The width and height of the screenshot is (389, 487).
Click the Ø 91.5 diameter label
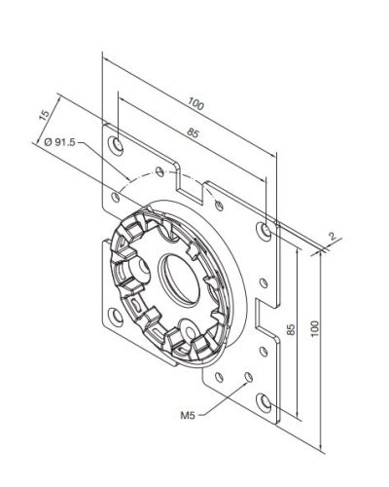click(x=59, y=142)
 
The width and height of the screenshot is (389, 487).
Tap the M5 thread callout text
click(x=188, y=415)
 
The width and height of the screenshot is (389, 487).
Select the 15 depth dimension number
click(x=45, y=115)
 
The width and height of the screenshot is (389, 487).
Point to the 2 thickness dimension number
click(x=333, y=236)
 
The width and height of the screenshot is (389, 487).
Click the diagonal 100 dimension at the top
click(x=195, y=104)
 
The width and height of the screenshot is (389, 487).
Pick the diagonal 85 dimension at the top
click(x=193, y=132)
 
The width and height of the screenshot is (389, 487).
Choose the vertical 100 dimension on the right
click(x=314, y=328)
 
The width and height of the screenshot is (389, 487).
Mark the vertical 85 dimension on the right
click(x=292, y=329)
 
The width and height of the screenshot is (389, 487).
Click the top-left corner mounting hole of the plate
click(x=116, y=144)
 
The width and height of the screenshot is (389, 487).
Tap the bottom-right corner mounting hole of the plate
click(x=264, y=402)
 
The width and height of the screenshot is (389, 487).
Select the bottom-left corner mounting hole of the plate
click(x=116, y=316)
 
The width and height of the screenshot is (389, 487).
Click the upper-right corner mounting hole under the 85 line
click(x=264, y=231)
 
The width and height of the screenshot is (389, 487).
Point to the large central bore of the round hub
click(x=179, y=280)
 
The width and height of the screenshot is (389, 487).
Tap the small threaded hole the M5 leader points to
click(x=248, y=376)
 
